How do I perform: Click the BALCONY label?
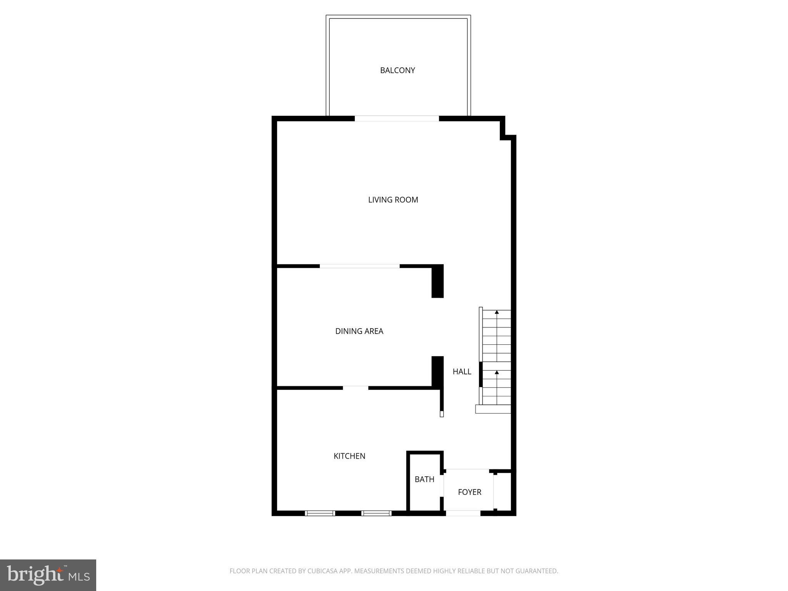[397, 70]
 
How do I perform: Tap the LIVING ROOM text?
[393, 200]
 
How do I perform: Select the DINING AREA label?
[359, 331]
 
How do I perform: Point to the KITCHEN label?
[349, 456]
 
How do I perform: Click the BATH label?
[424, 479]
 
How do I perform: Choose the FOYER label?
[469, 492]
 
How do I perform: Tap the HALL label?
[462, 372]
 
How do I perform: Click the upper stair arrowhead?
[497, 312]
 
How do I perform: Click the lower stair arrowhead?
[497, 372]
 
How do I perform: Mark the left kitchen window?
[320, 513]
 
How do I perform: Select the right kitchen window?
[376, 513]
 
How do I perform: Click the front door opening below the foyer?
[463, 513]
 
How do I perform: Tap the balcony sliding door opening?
[397, 119]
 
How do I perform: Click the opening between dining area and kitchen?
[356, 388]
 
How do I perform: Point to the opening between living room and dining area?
[360, 266]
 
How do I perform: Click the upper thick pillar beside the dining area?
[437, 281]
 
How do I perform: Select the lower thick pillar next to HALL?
[437, 371]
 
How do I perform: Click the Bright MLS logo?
[48, 575]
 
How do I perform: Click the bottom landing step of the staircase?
[493, 409]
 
